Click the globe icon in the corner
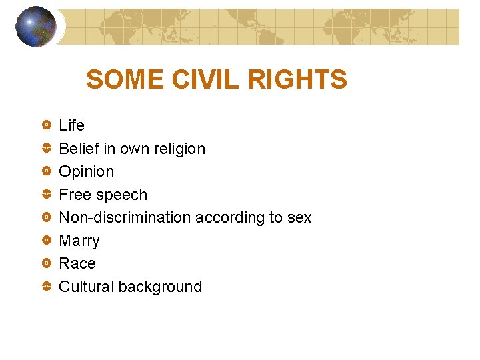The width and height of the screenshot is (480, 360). [x=35, y=27]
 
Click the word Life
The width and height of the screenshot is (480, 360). [x=72, y=125]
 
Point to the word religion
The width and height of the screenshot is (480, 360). [x=177, y=149]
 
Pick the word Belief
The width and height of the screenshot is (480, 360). [x=79, y=149]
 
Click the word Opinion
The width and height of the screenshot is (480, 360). [x=87, y=172]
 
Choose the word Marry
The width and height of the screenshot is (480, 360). [x=79, y=241]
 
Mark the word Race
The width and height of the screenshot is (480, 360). [x=77, y=263]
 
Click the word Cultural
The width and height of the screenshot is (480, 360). [x=86, y=287]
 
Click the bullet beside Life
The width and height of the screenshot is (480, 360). [x=46, y=125]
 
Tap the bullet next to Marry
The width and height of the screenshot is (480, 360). [x=46, y=240]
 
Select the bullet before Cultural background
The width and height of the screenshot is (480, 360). [x=46, y=287]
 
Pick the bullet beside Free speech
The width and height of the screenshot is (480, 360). [x=46, y=195]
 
